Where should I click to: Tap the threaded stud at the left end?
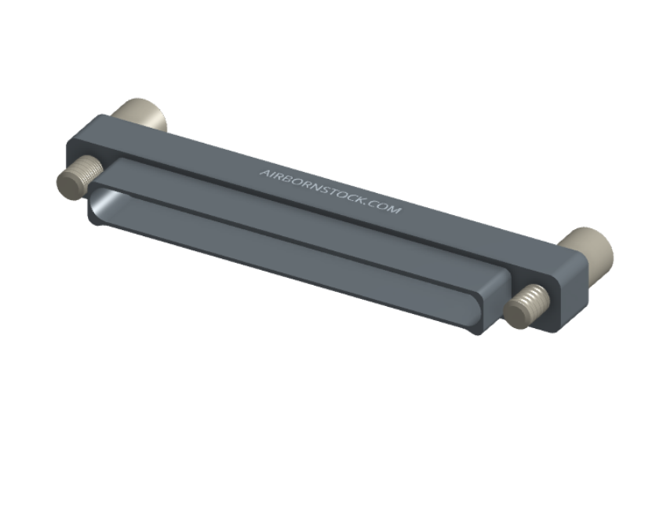[79, 177]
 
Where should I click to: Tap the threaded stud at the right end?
[527, 305]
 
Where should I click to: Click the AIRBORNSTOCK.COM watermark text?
[330, 191]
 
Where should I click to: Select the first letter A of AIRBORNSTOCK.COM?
[264, 173]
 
